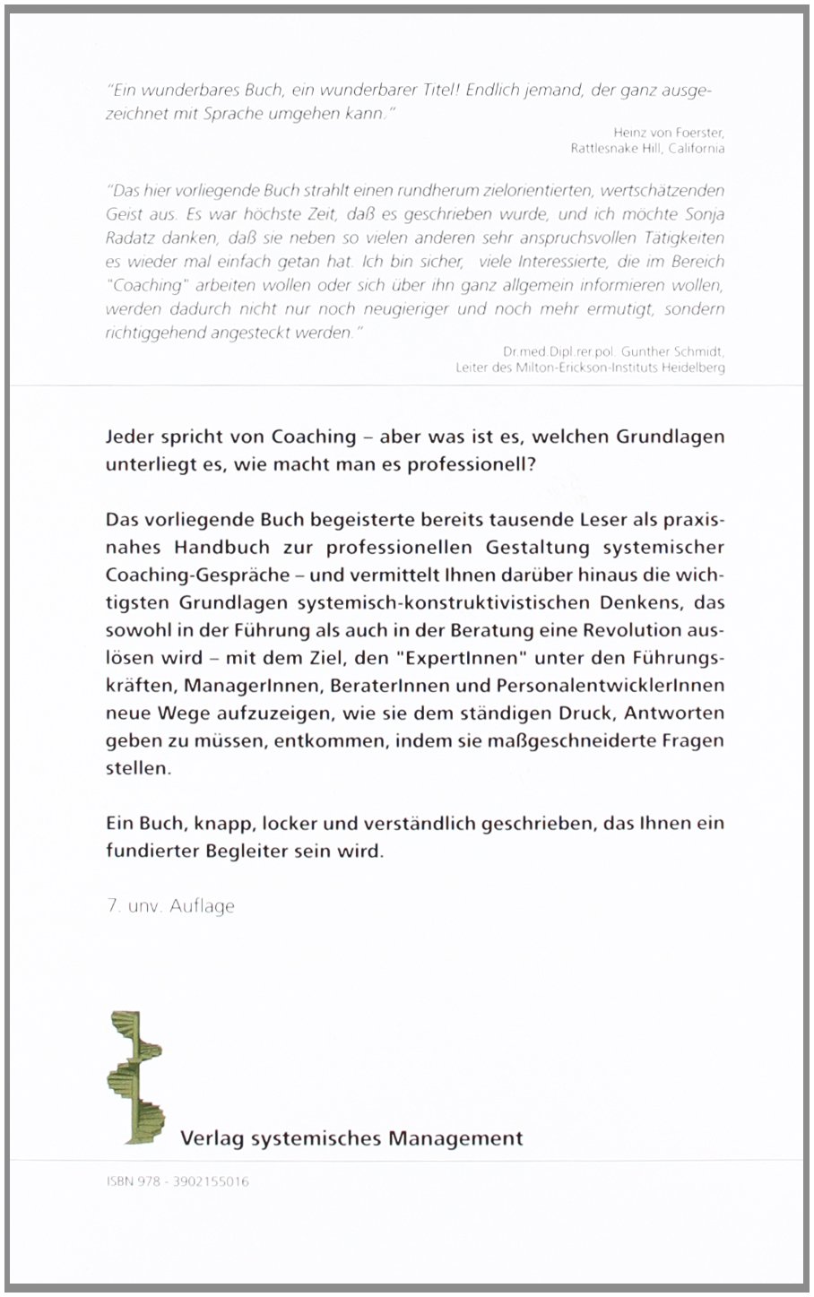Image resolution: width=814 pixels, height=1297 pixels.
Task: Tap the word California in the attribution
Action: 697,149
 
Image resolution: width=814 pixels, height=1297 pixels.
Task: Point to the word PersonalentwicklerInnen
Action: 616,685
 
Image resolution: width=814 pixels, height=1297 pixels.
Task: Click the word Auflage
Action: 203,906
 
